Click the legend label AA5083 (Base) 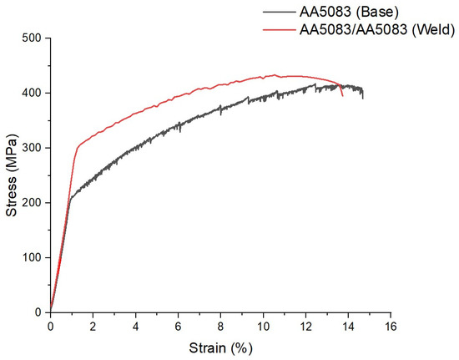[349, 12]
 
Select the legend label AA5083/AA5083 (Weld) [376, 30]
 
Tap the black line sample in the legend [279, 12]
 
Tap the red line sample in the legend [279, 30]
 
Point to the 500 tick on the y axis [33, 38]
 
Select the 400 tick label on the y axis [33, 93]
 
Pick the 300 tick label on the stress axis [33, 148]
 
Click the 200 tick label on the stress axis [33, 202]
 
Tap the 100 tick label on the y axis [33, 257]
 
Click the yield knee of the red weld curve [77, 148]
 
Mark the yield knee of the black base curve [70, 198]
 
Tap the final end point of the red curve [342, 96]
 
